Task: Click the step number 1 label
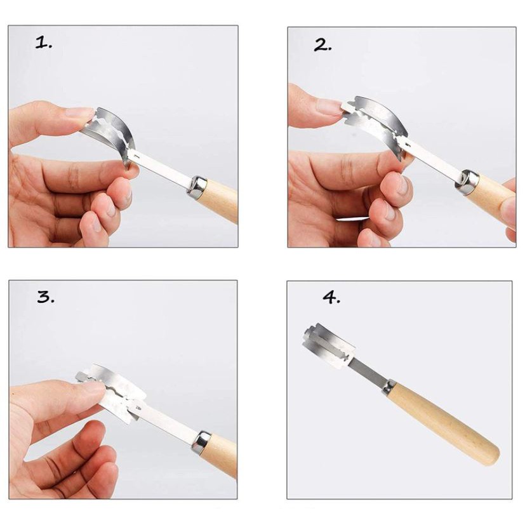point(44,43)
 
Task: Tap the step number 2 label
point(322,45)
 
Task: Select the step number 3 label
point(46,296)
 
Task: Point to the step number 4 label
point(331,297)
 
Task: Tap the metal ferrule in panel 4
point(389,386)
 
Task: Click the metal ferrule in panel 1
point(197,185)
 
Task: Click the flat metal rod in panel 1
point(160,168)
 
